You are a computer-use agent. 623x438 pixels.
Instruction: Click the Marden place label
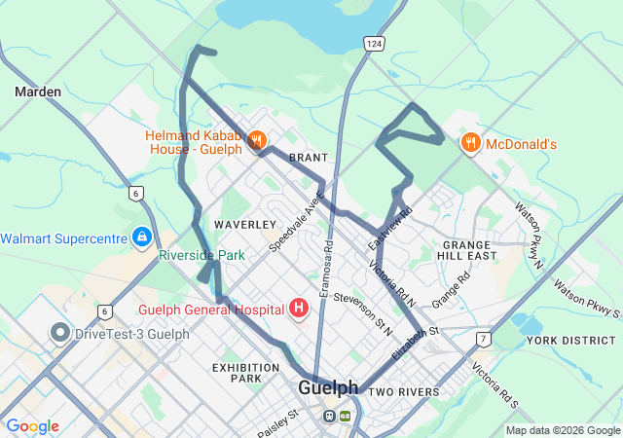point(38,91)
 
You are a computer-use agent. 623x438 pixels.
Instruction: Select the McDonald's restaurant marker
point(470,143)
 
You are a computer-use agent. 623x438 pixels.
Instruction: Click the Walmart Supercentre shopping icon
point(142,237)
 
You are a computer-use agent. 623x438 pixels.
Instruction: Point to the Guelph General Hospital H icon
point(299,309)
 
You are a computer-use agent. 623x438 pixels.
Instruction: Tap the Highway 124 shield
point(375,44)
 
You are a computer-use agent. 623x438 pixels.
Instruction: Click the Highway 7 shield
point(483,339)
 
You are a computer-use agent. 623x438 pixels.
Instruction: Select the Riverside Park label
point(202,256)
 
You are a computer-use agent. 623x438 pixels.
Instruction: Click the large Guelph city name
point(328,387)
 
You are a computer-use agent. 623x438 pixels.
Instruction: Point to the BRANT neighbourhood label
point(309,158)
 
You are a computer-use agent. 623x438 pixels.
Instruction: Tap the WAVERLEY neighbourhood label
point(245,225)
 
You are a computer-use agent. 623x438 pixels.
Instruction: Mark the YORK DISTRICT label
point(570,341)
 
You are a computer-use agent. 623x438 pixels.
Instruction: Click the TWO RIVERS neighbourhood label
point(404,392)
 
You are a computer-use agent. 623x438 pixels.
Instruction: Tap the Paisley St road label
point(275,423)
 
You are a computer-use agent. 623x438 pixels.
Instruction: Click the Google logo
point(32,426)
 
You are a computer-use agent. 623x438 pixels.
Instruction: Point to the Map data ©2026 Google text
point(562,430)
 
